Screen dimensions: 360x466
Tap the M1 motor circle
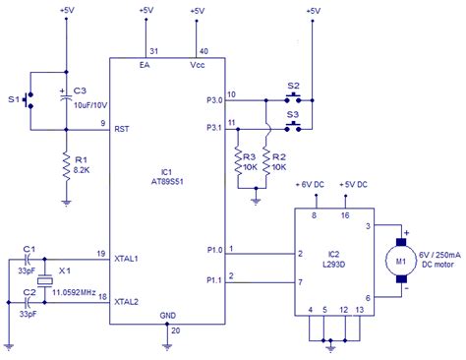coord(400,261)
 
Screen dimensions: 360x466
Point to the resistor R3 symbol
coord(236,159)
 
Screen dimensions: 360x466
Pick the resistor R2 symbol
coord(265,159)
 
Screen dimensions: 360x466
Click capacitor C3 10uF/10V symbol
coord(65,98)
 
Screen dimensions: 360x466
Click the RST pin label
coord(124,127)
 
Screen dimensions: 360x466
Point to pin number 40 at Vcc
coord(204,51)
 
